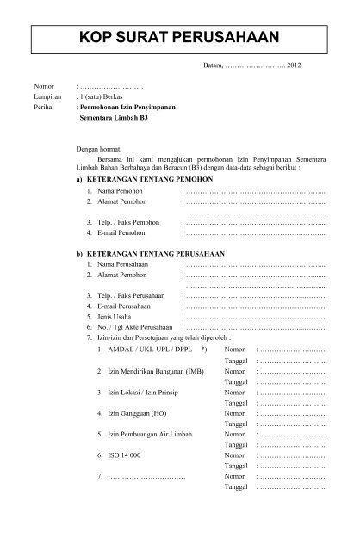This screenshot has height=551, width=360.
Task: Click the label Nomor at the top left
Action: coord(44,88)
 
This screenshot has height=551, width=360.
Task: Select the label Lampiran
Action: coord(48,99)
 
